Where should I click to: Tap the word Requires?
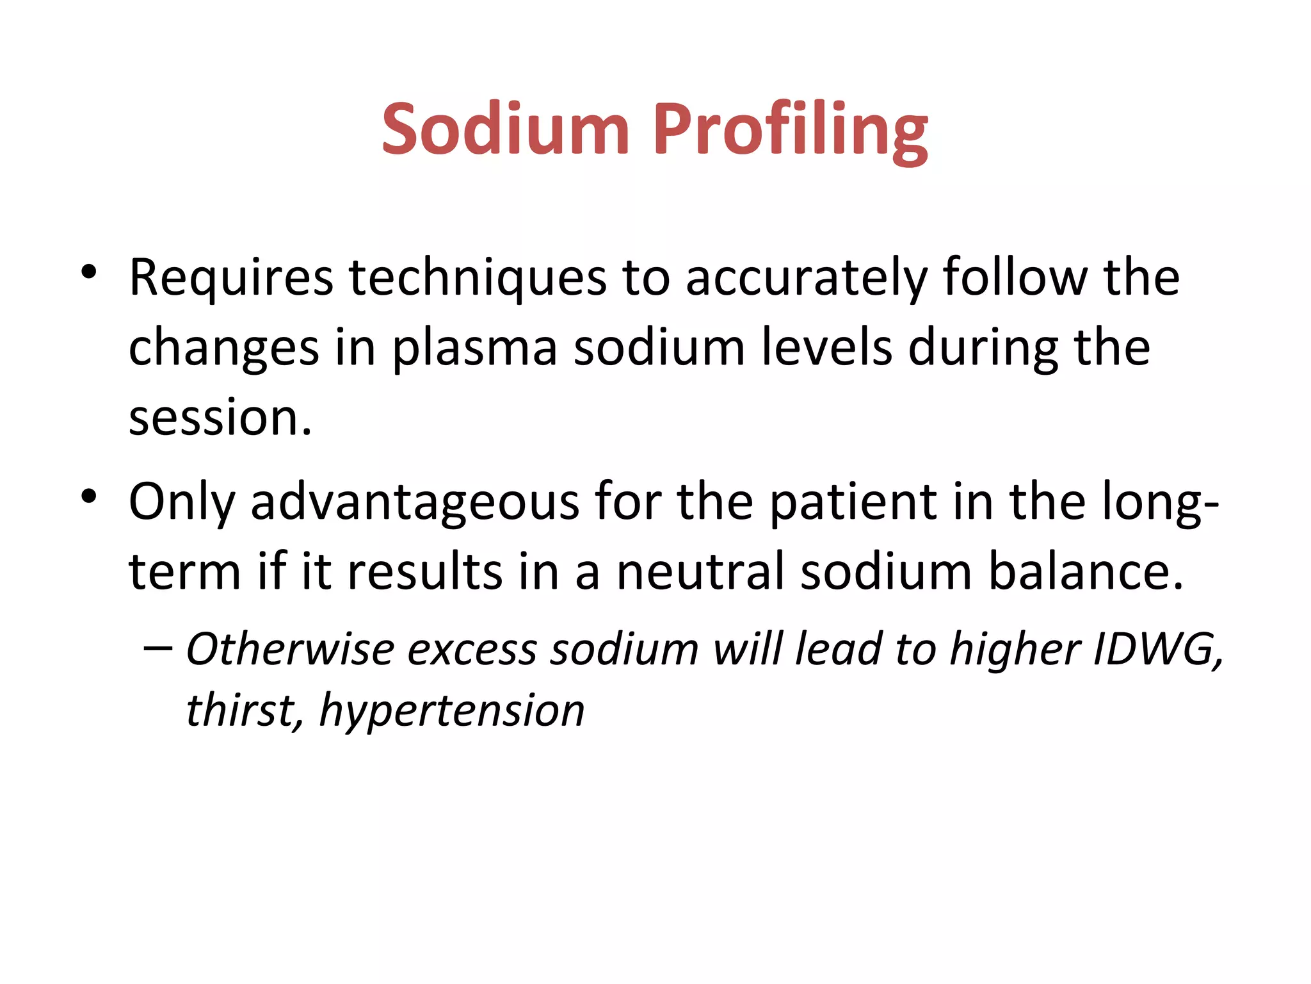(x=231, y=277)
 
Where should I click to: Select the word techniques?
(x=478, y=277)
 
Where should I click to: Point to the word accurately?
(x=806, y=277)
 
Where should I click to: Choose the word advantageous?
(x=415, y=501)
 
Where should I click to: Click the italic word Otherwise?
(x=290, y=649)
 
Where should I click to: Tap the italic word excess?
(x=472, y=649)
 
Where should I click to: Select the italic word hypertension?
(x=452, y=710)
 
